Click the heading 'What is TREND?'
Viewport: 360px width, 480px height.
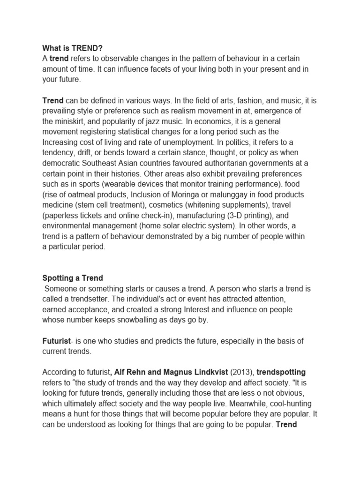click(72, 47)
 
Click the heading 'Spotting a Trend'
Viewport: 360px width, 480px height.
click(72, 278)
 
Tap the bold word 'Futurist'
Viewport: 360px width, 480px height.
click(56, 341)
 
